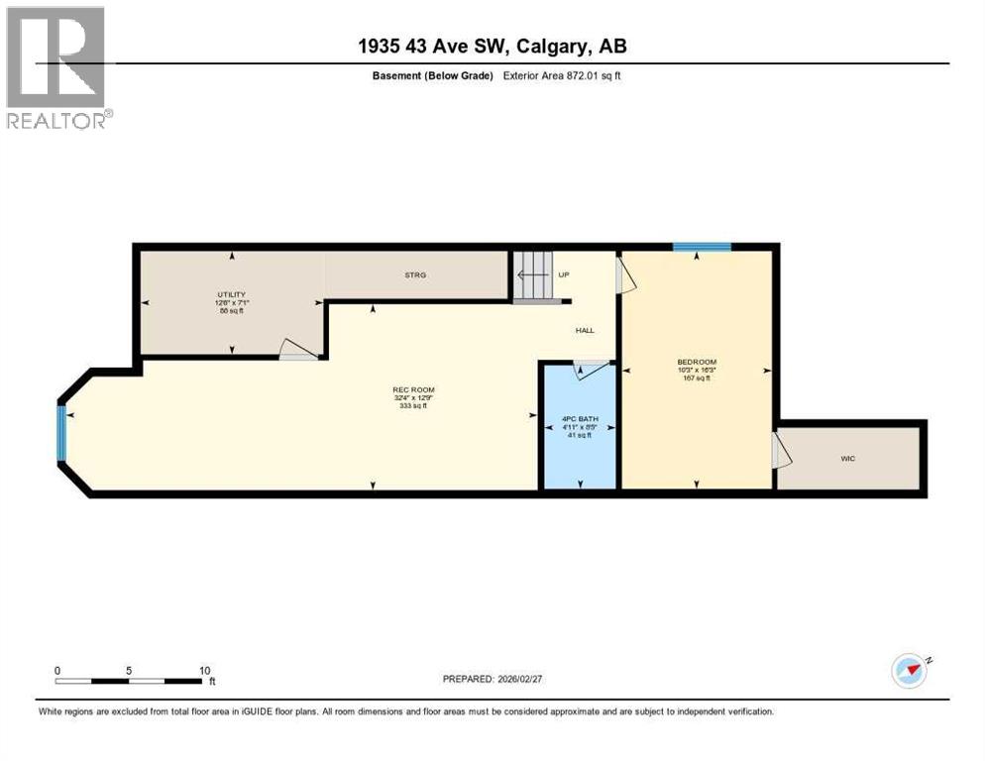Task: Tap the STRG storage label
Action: coord(415,274)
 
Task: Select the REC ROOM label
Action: coord(413,389)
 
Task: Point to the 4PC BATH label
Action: coord(580,419)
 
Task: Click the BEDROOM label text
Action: coord(697,362)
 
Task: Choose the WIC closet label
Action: coord(847,459)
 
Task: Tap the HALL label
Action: coord(584,331)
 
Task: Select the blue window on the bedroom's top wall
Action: coord(702,247)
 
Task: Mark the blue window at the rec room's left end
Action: coord(62,434)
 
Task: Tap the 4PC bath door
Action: coord(594,369)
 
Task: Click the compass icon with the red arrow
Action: coord(909,671)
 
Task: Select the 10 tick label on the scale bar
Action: coord(203,670)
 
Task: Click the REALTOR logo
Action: coord(56,67)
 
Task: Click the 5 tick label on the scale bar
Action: coord(129,670)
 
